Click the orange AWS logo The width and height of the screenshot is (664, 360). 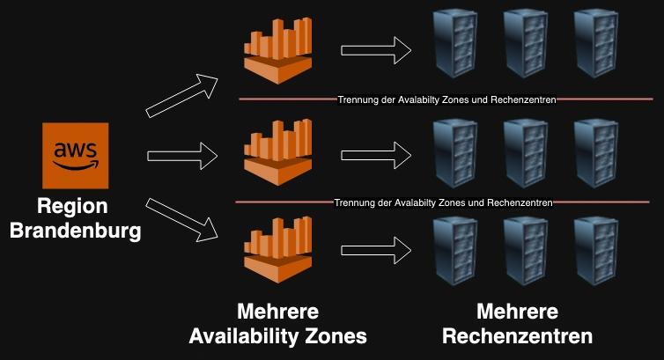tap(75, 156)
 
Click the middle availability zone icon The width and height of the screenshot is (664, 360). tap(278, 153)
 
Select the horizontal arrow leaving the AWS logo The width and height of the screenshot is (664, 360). tap(182, 156)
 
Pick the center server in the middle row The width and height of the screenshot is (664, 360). tap(525, 153)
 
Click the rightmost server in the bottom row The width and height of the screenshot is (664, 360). tap(595, 253)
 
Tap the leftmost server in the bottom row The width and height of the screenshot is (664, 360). tap(454, 253)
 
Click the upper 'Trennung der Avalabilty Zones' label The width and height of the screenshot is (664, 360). tap(446, 100)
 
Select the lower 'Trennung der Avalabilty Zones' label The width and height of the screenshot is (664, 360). tap(444, 202)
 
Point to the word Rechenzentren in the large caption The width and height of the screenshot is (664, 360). tap(517, 335)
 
